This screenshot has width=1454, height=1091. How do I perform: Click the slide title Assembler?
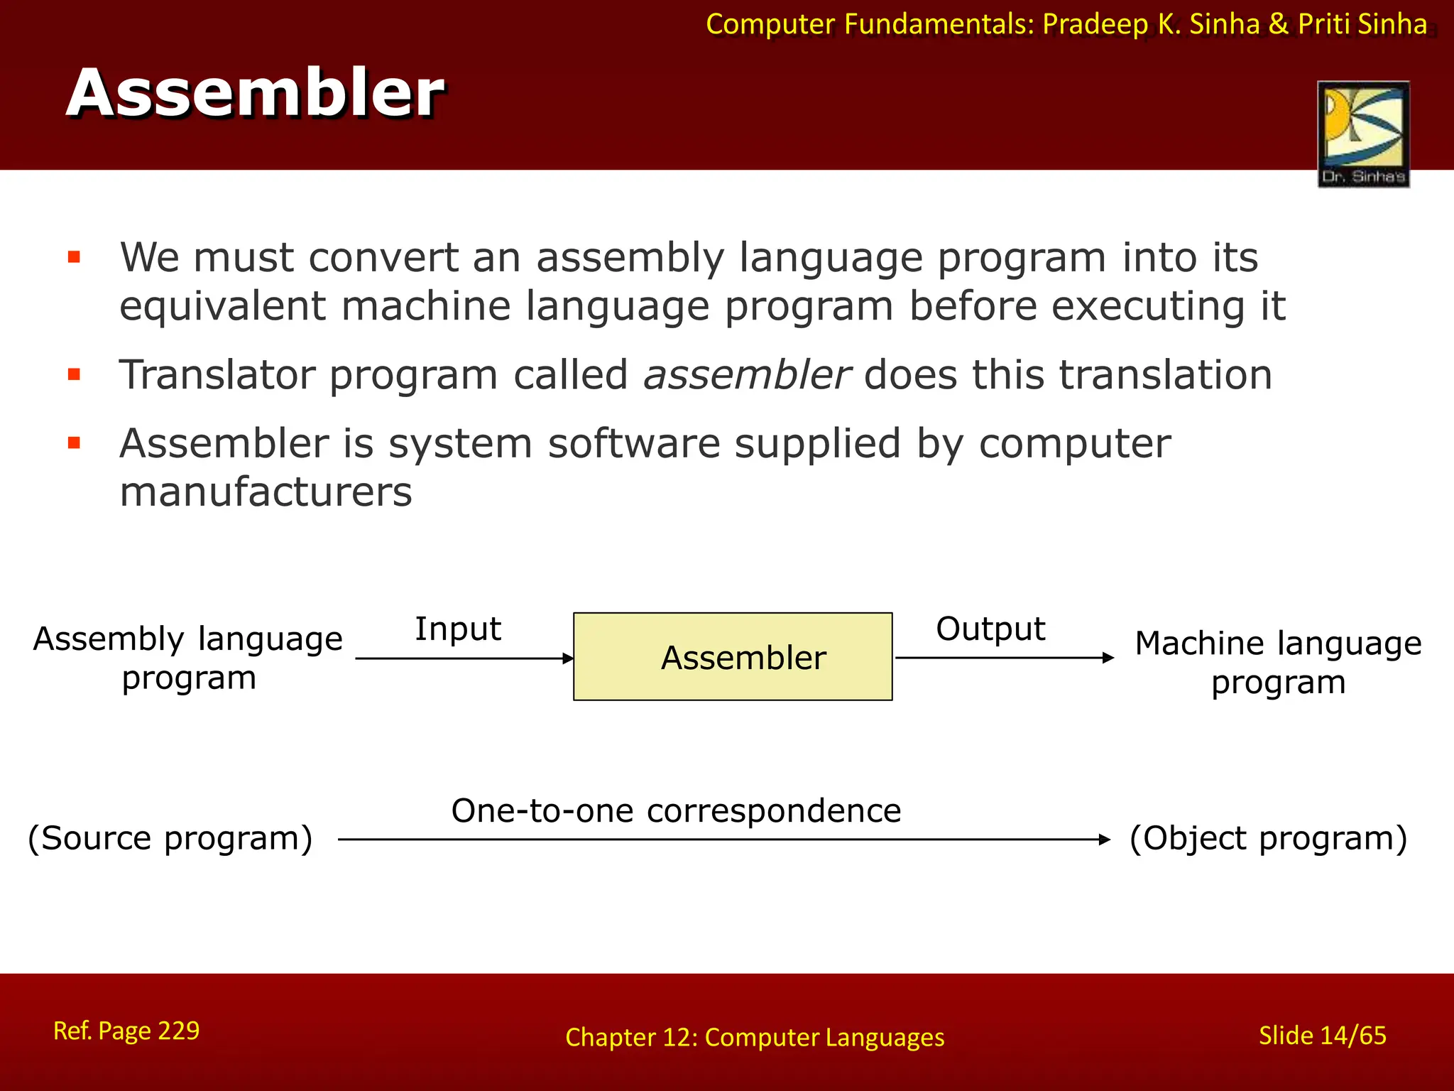click(x=256, y=94)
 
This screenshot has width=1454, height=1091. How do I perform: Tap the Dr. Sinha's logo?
click(x=1363, y=134)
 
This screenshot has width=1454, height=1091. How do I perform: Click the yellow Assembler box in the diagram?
click(x=733, y=657)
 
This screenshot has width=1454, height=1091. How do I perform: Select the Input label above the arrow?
click(x=458, y=629)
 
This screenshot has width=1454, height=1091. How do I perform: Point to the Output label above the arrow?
click(x=990, y=629)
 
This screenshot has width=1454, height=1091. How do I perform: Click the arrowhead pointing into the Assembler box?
click(x=568, y=658)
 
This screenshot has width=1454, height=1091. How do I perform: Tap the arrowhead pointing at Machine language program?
click(x=1108, y=658)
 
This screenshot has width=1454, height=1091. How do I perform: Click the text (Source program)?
click(x=170, y=839)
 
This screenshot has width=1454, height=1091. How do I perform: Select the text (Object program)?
click(x=1268, y=839)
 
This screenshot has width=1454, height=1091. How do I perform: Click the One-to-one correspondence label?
click(x=676, y=811)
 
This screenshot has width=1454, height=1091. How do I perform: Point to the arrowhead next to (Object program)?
click(x=1105, y=840)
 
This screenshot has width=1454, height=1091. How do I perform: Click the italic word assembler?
click(x=745, y=375)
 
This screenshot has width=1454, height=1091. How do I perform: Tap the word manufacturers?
click(x=266, y=492)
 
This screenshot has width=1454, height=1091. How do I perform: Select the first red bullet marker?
click(x=74, y=257)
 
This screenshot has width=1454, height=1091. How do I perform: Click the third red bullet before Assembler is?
click(x=74, y=444)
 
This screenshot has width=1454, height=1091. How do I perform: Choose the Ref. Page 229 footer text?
click(x=126, y=1031)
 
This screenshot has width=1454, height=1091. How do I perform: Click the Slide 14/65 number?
click(x=1322, y=1036)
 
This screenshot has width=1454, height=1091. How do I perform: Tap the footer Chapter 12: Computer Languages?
click(x=755, y=1038)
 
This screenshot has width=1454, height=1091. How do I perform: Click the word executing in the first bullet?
click(x=1148, y=307)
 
